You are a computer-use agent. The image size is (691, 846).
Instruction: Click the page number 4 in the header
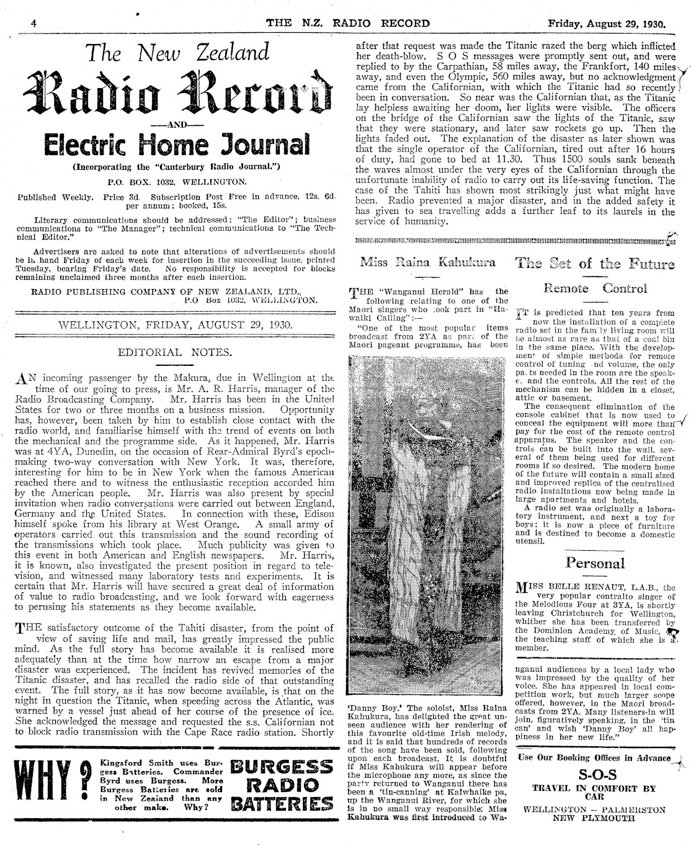point(34,24)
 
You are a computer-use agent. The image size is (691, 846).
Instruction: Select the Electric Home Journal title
point(171,145)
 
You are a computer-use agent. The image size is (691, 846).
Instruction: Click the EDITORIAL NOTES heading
point(175,352)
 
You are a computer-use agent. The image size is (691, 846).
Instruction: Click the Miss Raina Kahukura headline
point(427,263)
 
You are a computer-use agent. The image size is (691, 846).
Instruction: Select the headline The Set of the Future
point(595,263)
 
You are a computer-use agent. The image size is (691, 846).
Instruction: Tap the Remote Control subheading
point(595,288)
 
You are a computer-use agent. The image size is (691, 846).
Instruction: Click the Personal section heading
point(595,563)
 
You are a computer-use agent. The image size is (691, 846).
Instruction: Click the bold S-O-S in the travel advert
point(594,775)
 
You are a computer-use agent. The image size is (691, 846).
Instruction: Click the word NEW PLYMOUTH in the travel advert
point(594,817)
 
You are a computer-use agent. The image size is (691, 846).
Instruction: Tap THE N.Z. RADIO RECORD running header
point(347,24)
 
